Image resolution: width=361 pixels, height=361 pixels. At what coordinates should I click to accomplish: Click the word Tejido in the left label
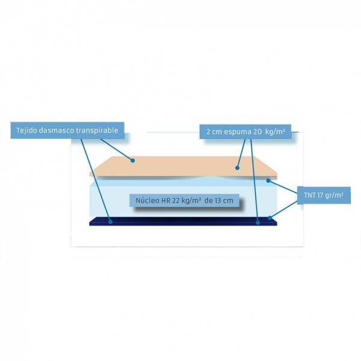tap(26, 131)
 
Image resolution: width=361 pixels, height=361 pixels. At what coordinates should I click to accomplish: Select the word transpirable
tap(97, 131)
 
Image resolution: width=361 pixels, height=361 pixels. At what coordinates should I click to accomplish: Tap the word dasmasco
tap(57, 131)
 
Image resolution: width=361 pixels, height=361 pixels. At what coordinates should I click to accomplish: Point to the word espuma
tap(238, 132)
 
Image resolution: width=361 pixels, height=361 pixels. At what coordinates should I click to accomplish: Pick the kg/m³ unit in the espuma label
tap(275, 132)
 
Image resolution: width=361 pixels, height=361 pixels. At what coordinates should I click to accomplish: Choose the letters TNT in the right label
tap(310, 195)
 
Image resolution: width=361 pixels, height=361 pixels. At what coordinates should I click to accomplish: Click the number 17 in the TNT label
tap(320, 195)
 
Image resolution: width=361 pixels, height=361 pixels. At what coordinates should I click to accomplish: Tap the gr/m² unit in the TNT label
tap(335, 196)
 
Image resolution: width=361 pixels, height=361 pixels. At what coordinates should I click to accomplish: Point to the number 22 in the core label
tap(176, 200)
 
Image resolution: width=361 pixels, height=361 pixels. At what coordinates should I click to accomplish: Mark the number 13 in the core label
tap(218, 200)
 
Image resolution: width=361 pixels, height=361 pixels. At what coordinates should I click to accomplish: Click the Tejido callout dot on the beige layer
tap(132, 161)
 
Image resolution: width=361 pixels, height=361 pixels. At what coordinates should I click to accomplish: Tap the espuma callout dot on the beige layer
tap(238, 168)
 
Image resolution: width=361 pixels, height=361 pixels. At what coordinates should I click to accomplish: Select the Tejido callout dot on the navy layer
tap(111, 222)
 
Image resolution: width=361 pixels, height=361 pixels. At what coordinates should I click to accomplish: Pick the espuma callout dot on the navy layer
tap(258, 223)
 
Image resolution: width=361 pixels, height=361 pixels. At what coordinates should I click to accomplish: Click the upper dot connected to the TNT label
tap(268, 180)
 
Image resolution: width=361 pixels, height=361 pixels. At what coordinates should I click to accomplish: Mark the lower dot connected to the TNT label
tap(270, 218)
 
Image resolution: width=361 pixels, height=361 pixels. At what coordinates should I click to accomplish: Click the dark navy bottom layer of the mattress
tap(184, 221)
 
